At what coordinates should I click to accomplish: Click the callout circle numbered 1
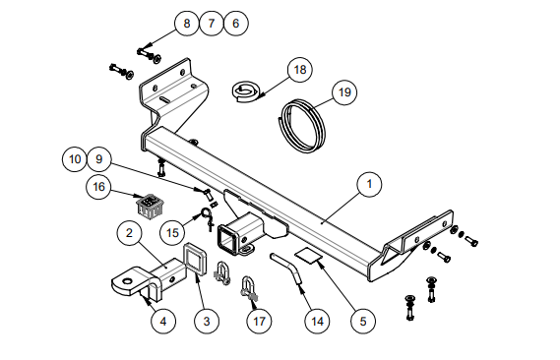pyautogui.click(x=369, y=184)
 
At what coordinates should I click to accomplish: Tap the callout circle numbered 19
pyautogui.click(x=344, y=92)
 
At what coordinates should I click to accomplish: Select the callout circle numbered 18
pyautogui.click(x=300, y=70)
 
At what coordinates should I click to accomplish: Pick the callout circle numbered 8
pyautogui.click(x=186, y=24)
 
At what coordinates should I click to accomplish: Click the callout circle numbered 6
pyautogui.click(x=236, y=24)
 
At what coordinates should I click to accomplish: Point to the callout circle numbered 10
pyautogui.click(x=75, y=159)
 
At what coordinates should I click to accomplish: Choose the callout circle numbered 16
pyautogui.click(x=98, y=187)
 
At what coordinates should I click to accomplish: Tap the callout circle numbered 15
pyautogui.click(x=172, y=233)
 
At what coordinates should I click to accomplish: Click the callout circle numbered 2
pyautogui.click(x=129, y=233)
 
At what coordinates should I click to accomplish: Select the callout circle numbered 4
pyautogui.click(x=163, y=322)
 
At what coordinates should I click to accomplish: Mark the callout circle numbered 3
pyautogui.click(x=207, y=322)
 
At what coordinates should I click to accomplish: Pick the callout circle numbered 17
pyautogui.click(x=259, y=322)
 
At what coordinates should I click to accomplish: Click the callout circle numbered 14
pyautogui.click(x=317, y=322)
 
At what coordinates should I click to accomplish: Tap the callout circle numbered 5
pyautogui.click(x=363, y=322)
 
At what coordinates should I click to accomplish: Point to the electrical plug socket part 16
pyautogui.click(x=150, y=206)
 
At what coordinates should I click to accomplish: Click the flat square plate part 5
pyautogui.click(x=309, y=255)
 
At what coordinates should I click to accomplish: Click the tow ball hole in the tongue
pyautogui.click(x=128, y=281)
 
